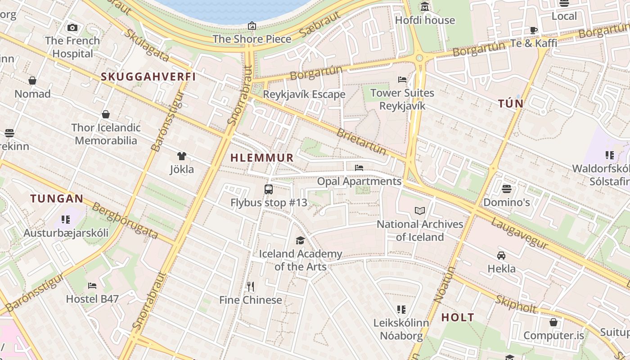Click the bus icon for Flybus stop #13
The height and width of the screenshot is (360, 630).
(x=269, y=189)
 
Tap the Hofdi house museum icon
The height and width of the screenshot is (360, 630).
(x=425, y=7)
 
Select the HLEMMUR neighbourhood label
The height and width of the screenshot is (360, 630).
(x=262, y=158)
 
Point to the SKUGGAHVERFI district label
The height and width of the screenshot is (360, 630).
(x=148, y=76)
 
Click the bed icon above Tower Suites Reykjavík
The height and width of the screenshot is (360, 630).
(x=402, y=80)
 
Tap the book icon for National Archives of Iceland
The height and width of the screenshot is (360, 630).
(x=420, y=211)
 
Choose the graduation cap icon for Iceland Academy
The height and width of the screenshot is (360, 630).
(x=300, y=241)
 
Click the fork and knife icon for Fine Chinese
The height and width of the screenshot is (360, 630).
(x=251, y=286)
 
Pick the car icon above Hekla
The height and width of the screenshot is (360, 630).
(x=501, y=256)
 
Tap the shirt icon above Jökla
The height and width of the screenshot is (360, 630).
(x=182, y=156)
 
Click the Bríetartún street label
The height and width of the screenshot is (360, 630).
(x=362, y=141)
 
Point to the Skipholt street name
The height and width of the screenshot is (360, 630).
(x=516, y=305)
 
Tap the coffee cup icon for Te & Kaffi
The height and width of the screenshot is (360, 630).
(x=534, y=30)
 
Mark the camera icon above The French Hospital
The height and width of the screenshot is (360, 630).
(x=72, y=27)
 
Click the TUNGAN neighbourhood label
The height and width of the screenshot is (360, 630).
(x=57, y=198)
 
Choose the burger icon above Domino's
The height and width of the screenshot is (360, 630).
(x=507, y=189)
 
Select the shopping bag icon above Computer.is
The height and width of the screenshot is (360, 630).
(x=553, y=322)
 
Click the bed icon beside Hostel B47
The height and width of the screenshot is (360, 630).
(x=92, y=285)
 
